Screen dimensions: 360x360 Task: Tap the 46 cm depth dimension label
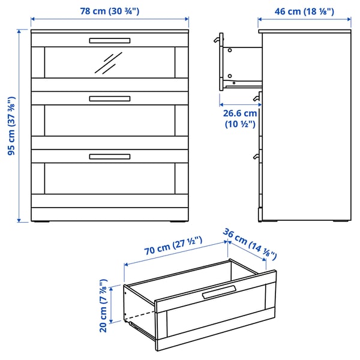[x=304, y=11]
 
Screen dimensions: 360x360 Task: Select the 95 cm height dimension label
[x=11, y=127]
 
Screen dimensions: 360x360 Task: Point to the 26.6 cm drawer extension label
[x=240, y=118]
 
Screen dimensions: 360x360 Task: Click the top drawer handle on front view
[x=109, y=41]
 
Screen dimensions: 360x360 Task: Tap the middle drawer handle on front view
[x=109, y=98]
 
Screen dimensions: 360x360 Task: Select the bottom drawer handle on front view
[x=109, y=157]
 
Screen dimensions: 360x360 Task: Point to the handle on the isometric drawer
[x=220, y=293]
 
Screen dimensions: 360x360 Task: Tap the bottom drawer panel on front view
[x=109, y=178]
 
